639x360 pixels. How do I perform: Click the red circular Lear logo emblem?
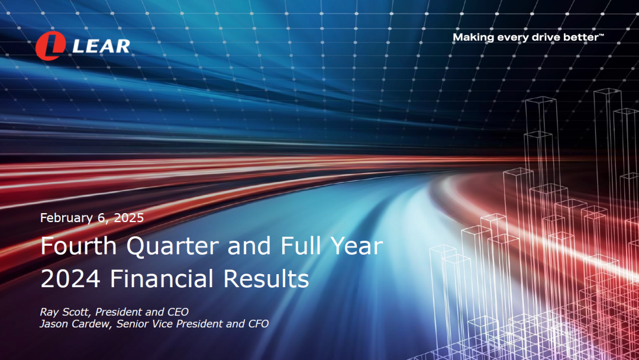click(50, 46)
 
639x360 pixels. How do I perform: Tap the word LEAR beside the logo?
click(102, 46)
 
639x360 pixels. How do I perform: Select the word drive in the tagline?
click(546, 37)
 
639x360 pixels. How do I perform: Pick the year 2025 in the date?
click(129, 218)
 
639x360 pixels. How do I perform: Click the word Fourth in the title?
click(79, 246)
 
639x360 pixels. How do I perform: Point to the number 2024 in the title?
click(70, 279)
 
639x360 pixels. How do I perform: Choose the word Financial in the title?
click(162, 278)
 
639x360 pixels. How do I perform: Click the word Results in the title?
click(266, 278)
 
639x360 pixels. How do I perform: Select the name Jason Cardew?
click(75, 324)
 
